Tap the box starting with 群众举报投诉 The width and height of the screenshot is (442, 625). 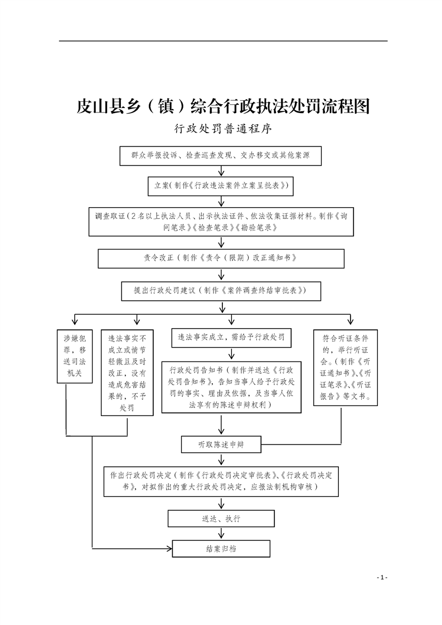point(222,156)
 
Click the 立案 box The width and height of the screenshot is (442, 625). point(222,185)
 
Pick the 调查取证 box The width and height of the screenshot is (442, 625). point(222,222)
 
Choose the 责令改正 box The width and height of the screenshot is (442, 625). point(222,258)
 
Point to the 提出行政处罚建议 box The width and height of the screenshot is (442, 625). point(222,290)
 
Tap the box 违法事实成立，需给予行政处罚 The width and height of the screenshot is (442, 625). point(231,338)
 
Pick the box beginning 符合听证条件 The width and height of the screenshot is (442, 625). point(350,368)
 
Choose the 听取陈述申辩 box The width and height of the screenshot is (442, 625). point(222,444)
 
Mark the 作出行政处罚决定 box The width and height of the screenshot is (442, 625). point(222,481)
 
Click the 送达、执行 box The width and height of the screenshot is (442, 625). point(222,518)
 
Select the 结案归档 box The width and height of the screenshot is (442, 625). point(222,549)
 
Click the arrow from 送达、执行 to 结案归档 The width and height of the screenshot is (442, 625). point(222,533)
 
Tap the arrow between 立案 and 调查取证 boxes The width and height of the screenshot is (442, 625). point(222,201)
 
